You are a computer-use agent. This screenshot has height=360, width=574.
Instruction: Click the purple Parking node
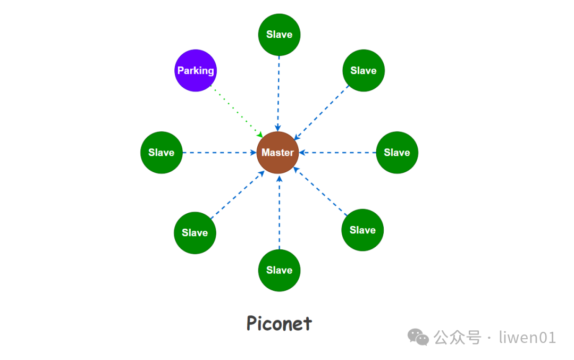click(x=196, y=70)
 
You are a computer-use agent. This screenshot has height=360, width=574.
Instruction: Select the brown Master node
click(x=277, y=153)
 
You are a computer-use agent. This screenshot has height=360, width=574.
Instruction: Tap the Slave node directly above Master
click(x=279, y=35)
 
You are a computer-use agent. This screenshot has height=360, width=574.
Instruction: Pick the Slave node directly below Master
click(x=279, y=270)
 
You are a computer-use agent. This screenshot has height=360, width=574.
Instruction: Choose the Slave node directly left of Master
click(x=161, y=153)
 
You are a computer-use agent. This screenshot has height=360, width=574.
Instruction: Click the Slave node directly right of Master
click(x=396, y=153)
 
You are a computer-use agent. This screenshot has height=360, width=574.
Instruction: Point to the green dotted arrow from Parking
click(x=237, y=110)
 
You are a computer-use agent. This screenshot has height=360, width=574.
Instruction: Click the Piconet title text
click(x=279, y=323)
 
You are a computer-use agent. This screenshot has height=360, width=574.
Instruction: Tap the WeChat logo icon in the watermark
click(x=418, y=337)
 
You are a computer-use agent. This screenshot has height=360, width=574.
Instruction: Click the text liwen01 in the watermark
click(x=527, y=337)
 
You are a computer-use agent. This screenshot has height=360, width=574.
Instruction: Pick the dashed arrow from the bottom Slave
click(x=280, y=213)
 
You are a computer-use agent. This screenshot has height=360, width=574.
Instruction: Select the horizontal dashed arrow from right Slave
click(x=337, y=153)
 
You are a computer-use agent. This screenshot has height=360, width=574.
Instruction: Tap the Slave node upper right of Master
click(x=364, y=70)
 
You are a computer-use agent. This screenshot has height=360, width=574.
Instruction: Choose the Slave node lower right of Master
click(x=362, y=230)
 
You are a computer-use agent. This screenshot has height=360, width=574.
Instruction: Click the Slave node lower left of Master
click(x=195, y=232)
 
